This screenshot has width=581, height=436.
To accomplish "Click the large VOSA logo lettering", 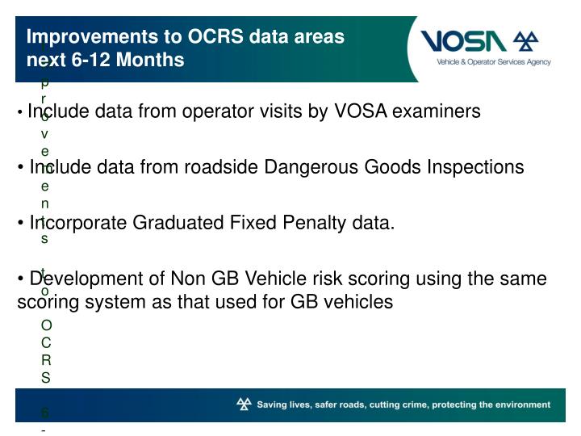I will pos(465,40).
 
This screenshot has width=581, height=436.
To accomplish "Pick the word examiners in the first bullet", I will pos(436,111).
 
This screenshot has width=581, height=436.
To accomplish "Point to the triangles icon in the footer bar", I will pos(243,405).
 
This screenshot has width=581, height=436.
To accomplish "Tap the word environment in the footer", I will pos(518,405).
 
